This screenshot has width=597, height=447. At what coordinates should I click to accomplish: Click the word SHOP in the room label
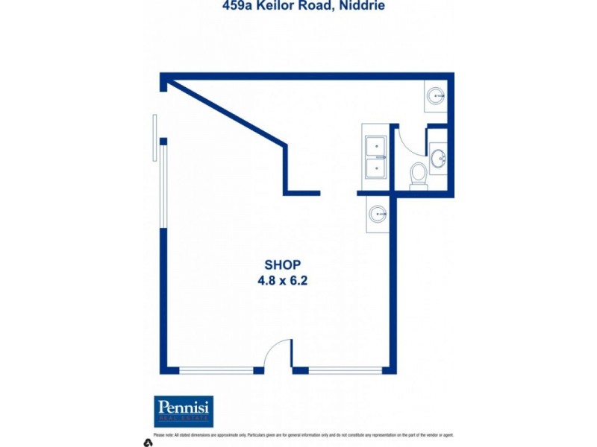point(283,264)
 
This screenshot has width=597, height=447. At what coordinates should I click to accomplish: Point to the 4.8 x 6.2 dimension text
point(283,281)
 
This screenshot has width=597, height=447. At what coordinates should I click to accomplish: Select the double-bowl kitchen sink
point(376,157)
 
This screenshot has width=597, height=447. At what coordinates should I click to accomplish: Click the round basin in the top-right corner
point(436,95)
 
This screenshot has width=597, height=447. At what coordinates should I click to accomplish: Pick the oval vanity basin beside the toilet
point(439,158)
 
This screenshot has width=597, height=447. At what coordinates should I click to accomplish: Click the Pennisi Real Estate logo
point(184,411)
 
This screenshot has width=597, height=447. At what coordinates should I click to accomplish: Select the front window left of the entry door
point(216,370)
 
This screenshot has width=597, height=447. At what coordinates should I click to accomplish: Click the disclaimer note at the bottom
point(303,435)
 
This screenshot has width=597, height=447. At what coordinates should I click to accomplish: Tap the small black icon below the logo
point(148,443)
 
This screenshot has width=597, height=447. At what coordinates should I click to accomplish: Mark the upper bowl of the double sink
point(376,146)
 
